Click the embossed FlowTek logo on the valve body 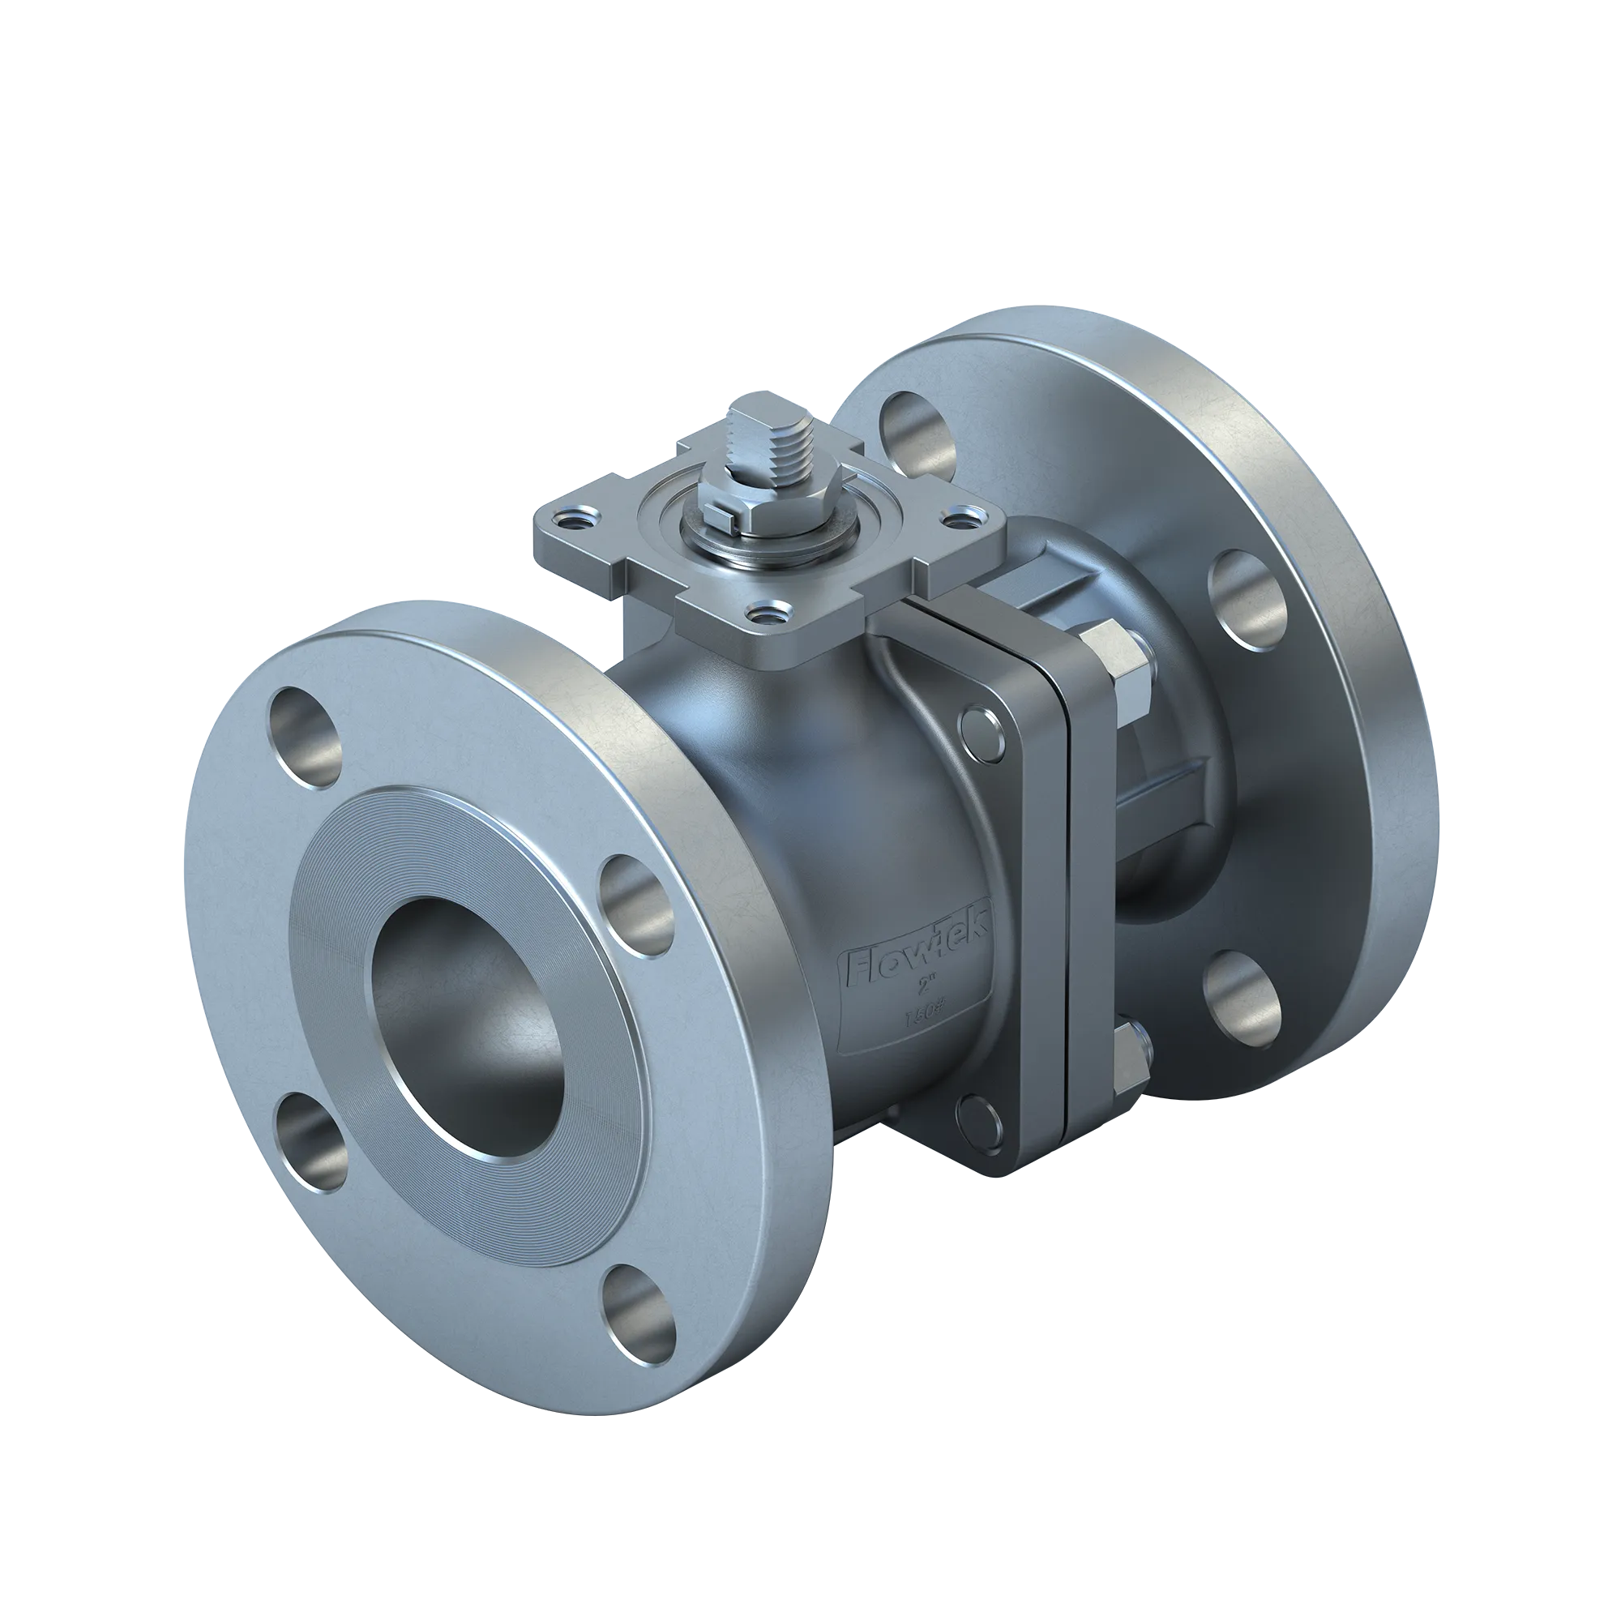[919, 956]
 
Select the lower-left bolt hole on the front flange [310, 1142]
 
